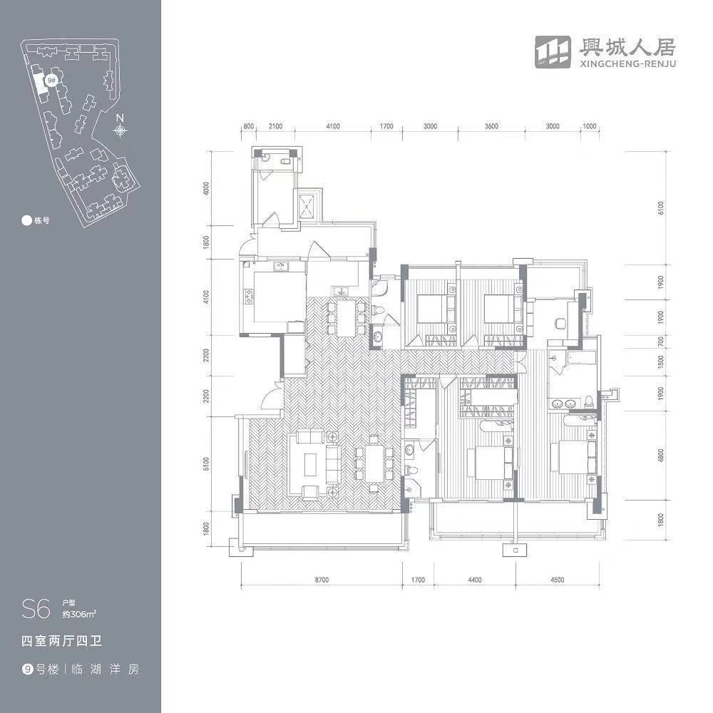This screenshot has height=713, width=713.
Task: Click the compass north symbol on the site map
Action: pos(121,130)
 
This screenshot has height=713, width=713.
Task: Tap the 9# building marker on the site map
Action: pos(51,81)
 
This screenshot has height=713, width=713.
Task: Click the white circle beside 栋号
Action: pos(26,220)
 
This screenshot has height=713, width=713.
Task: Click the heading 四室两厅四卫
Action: pos(63,641)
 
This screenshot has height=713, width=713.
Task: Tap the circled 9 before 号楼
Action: pos(27,670)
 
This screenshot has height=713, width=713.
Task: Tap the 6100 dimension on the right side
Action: pos(661,207)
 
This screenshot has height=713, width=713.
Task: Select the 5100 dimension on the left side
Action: pos(205,464)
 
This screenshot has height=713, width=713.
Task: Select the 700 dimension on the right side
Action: pos(661,342)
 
